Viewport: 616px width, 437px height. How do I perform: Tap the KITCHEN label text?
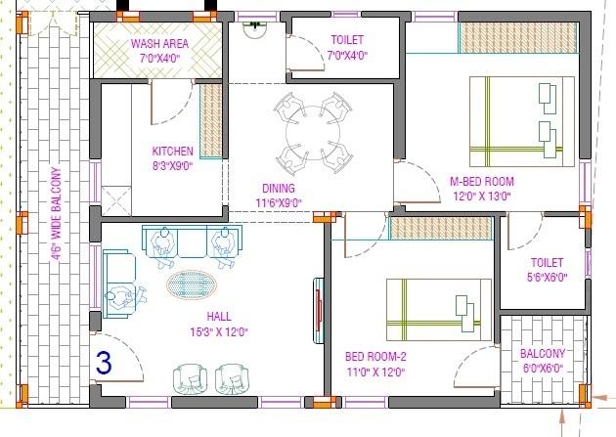[172, 151]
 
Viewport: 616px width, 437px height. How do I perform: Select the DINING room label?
[279, 188]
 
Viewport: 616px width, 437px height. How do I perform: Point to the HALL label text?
[218, 317]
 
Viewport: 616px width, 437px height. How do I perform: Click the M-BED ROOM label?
[481, 181]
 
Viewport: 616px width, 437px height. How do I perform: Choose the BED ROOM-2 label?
[376, 356]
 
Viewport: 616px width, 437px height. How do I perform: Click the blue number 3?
[105, 362]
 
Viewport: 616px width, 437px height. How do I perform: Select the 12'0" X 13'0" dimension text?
[480, 196]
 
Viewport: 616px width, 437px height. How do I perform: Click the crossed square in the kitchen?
[116, 201]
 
